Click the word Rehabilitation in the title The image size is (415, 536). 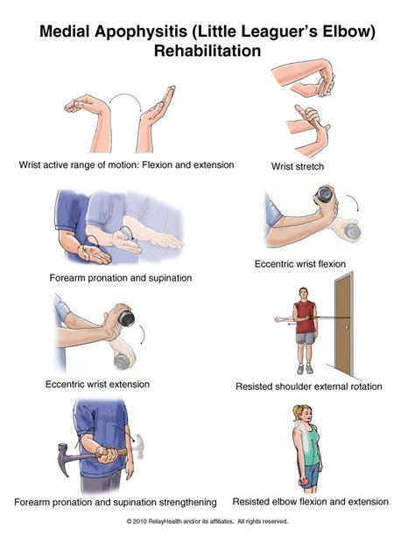(207, 51)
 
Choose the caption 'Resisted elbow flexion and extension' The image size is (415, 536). (311, 501)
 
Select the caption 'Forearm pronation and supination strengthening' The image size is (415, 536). (115, 502)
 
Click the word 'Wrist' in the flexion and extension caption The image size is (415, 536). (32, 164)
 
